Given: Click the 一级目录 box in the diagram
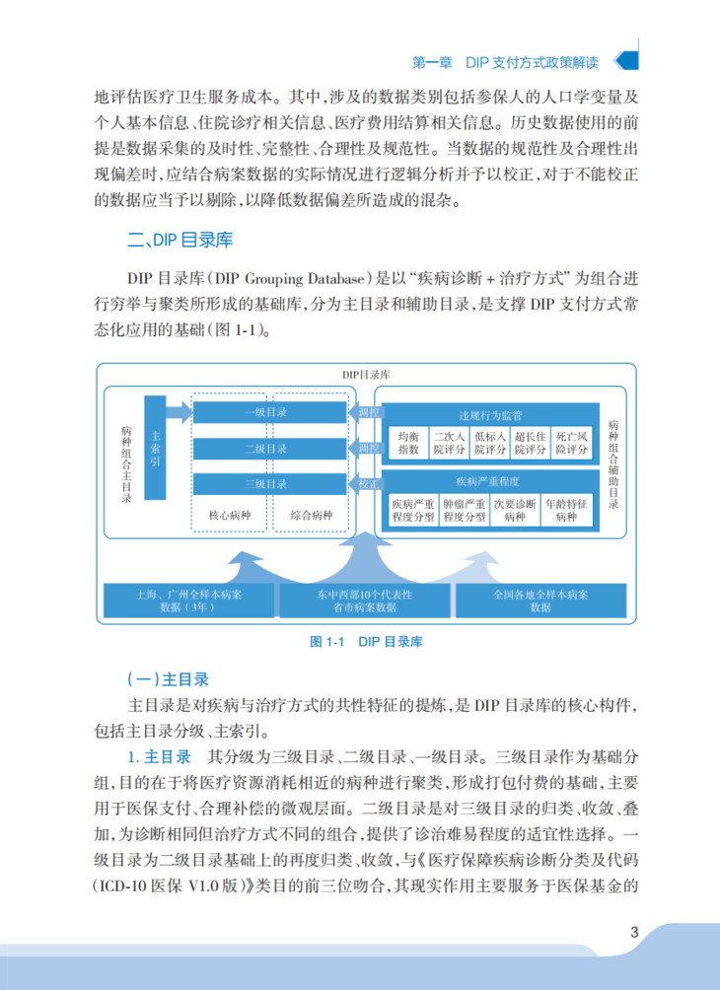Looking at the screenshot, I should point(266,412).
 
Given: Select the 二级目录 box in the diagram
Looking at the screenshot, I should point(266,449).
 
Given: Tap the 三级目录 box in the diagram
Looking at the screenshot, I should point(266,484).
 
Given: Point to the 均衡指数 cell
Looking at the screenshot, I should point(408,443).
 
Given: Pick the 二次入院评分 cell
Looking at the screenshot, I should point(449,443).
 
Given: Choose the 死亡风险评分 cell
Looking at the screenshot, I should point(572,443).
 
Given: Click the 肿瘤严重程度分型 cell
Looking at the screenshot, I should point(465,509).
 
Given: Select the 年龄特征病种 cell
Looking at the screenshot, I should point(566,509).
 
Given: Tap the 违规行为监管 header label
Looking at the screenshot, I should point(490,415).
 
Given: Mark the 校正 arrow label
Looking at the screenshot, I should point(367,484).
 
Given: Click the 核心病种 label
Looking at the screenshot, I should point(227,516).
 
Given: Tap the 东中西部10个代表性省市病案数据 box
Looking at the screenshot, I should point(364,601).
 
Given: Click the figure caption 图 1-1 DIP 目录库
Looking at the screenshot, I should point(367,642).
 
